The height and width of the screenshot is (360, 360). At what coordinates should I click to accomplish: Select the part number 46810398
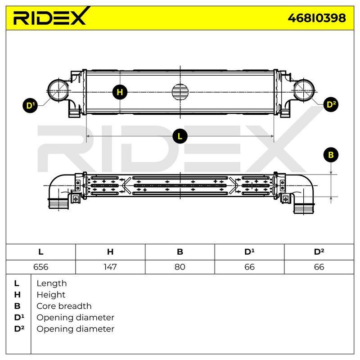[317, 18]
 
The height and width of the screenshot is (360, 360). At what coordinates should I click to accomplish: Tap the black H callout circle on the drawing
[120, 92]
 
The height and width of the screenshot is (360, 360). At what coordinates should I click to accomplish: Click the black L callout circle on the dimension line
[180, 136]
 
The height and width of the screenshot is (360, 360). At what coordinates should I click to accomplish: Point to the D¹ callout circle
[30, 105]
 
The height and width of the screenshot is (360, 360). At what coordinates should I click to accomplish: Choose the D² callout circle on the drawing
[331, 104]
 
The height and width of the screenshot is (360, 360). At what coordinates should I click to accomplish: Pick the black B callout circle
[331, 155]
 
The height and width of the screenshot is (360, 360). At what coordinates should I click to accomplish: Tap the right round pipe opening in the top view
[304, 90]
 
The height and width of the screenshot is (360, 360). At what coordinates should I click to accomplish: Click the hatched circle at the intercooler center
[180, 92]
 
